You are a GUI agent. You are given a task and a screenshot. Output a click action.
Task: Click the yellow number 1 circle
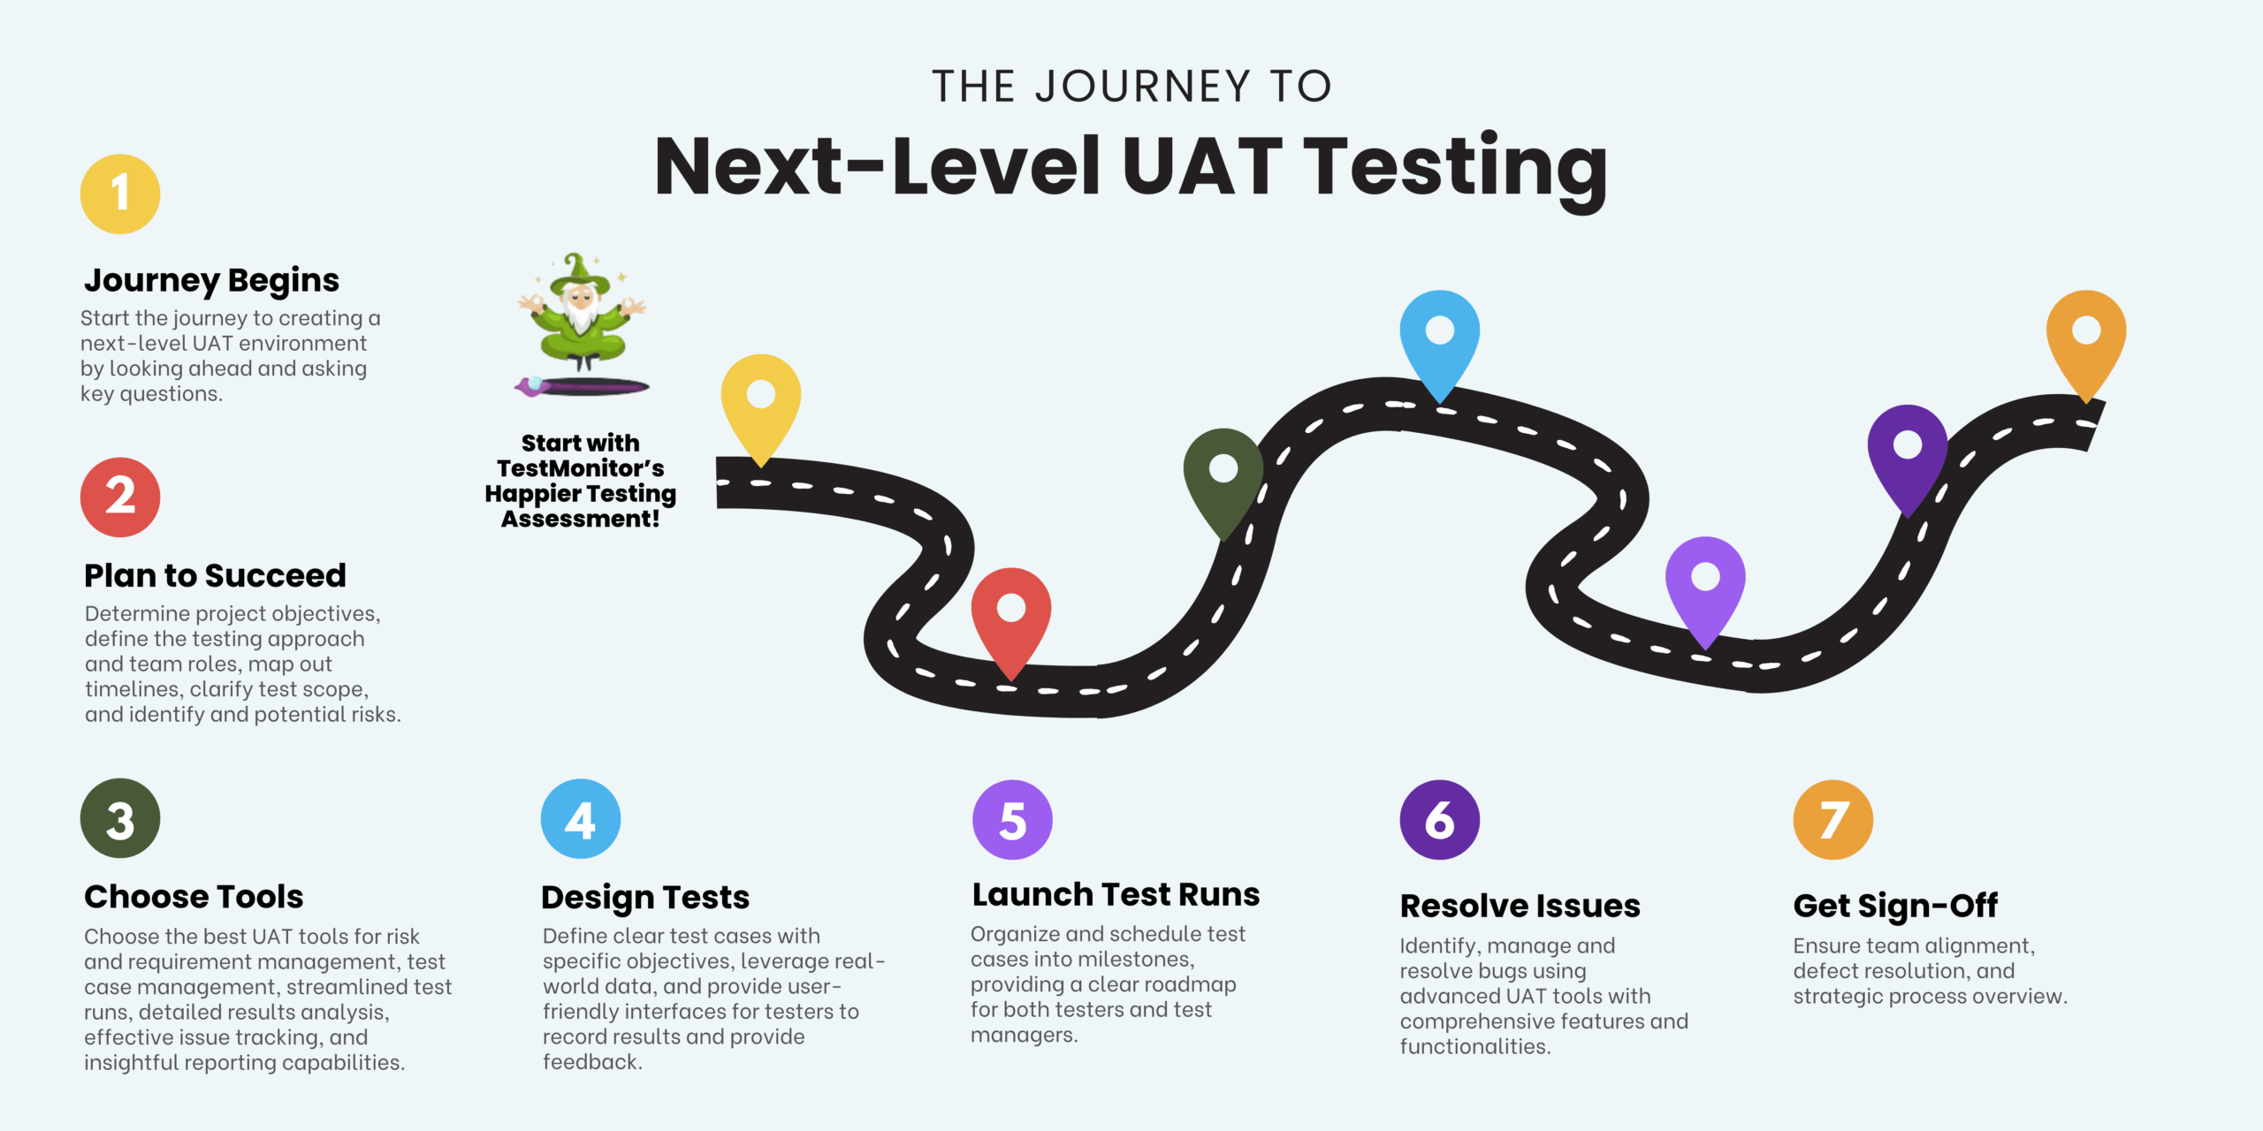click(x=120, y=194)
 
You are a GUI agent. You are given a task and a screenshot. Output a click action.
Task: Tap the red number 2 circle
click(x=120, y=497)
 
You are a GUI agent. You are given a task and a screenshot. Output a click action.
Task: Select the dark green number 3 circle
click(x=120, y=818)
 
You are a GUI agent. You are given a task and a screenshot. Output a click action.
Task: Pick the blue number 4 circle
click(x=580, y=818)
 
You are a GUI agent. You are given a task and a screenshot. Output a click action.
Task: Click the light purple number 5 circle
click(x=1012, y=819)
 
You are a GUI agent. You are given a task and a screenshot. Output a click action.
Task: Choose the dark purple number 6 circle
click(x=1439, y=819)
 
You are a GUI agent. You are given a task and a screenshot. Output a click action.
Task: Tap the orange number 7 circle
click(x=1832, y=819)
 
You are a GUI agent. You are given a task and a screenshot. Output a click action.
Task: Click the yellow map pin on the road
click(x=761, y=402)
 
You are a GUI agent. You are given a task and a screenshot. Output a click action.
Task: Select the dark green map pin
click(x=1223, y=476)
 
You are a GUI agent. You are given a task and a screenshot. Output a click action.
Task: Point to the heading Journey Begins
click(x=211, y=280)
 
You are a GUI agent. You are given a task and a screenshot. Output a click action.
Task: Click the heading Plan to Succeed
click(x=215, y=575)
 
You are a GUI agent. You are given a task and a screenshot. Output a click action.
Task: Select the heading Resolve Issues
click(x=1520, y=906)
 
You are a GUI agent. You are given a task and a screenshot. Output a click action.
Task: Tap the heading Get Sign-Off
click(x=1895, y=906)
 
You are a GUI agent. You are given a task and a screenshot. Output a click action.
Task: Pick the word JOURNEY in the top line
click(x=1142, y=87)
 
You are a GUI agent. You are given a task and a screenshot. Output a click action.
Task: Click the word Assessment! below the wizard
click(x=580, y=519)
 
